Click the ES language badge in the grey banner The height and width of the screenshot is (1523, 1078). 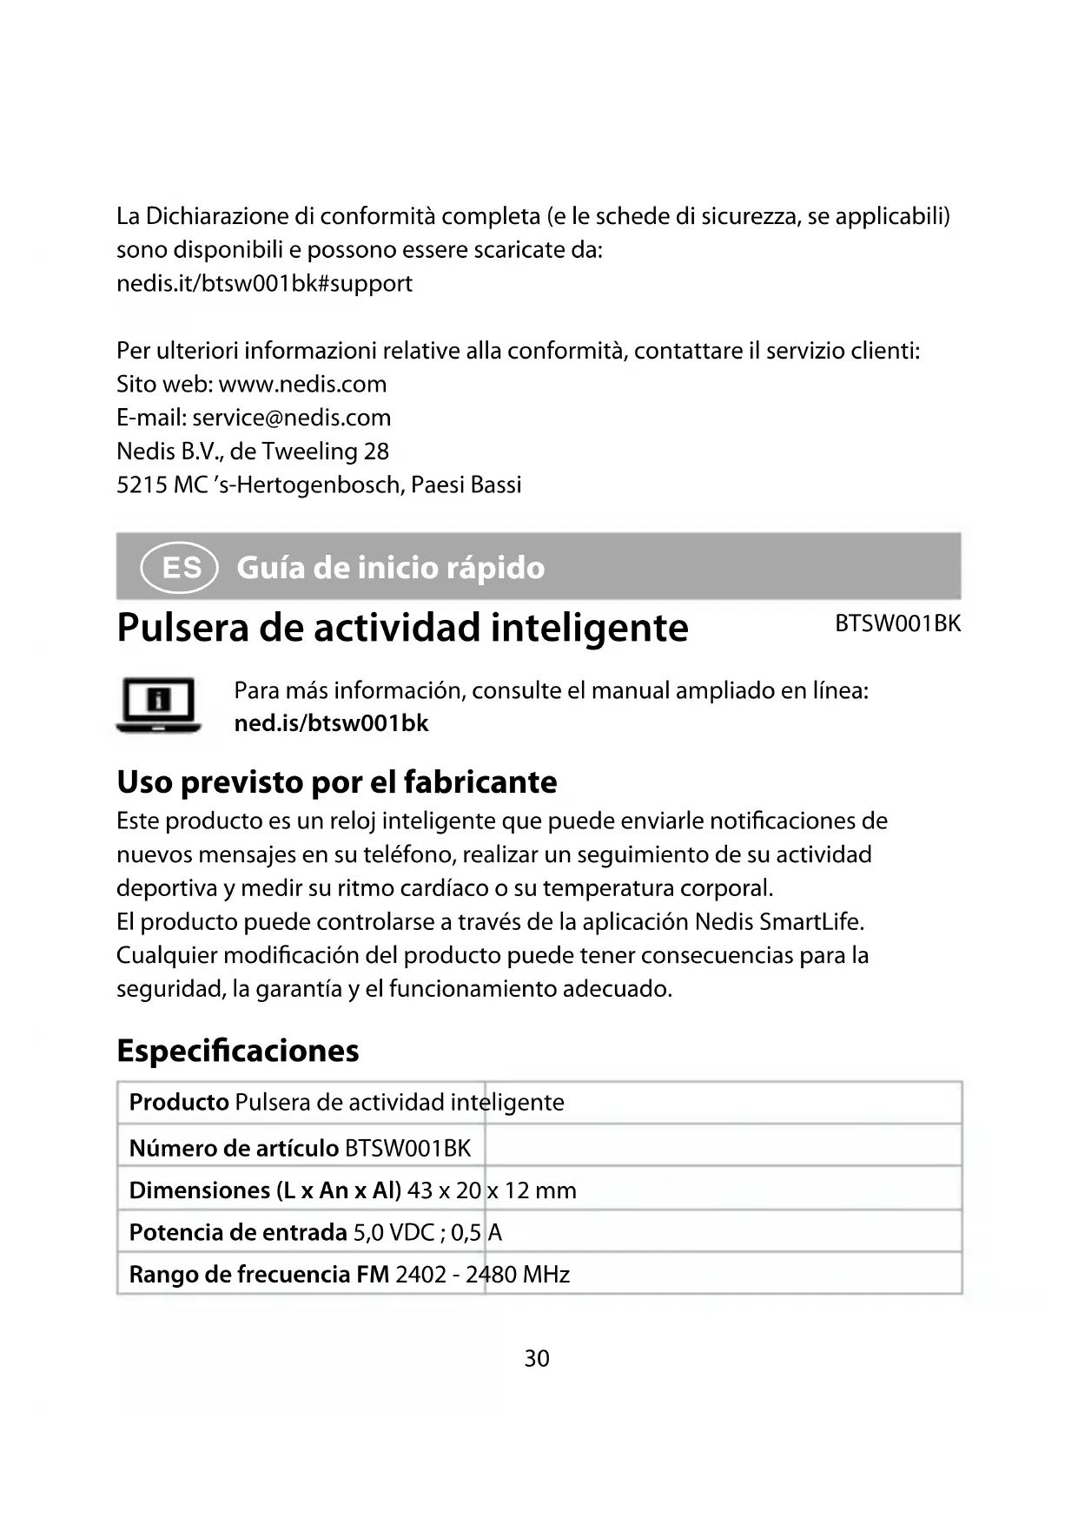click(x=179, y=568)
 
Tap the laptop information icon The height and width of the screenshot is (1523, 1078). click(x=158, y=705)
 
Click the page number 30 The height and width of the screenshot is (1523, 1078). click(x=537, y=1358)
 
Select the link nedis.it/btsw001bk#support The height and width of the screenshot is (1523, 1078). click(x=264, y=283)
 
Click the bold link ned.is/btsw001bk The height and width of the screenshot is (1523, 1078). click(x=331, y=723)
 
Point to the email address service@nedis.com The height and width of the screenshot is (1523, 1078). click(x=291, y=418)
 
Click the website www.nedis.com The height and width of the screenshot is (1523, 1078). click(x=302, y=384)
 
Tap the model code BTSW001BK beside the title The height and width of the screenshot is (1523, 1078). click(x=897, y=624)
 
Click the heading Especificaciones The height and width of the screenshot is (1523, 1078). click(x=237, y=1051)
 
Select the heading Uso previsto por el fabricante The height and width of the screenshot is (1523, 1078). click(x=336, y=782)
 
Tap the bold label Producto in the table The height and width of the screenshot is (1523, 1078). click(x=178, y=1103)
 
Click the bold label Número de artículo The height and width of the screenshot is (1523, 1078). click(x=233, y=1148)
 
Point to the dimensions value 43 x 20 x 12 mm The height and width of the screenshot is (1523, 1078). click(x=491, y=1190)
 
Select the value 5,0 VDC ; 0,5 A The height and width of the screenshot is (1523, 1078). click(x=427, y=1232)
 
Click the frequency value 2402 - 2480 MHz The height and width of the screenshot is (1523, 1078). click(x=482, y=1275)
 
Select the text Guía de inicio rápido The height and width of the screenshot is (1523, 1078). click(x=390, y=568)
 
